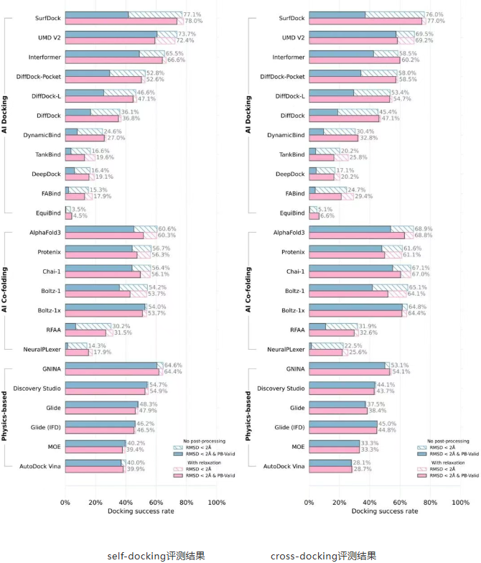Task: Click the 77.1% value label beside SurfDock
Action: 192,14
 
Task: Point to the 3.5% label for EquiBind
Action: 80,209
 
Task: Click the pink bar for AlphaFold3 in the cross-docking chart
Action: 357,236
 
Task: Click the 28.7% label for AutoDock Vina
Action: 363,469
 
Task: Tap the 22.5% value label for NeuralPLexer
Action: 354,345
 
